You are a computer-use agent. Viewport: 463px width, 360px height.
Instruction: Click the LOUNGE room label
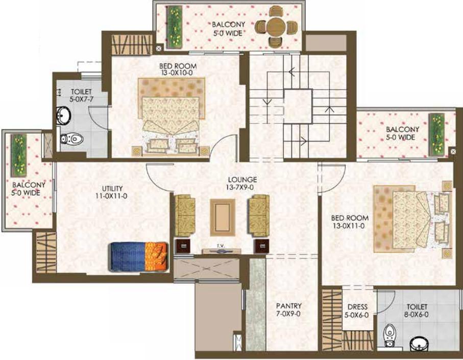pyautogui.click(x=242, y=180)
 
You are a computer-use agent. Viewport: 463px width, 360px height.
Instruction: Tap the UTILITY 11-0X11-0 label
pyautogui.click(x=112, y=192)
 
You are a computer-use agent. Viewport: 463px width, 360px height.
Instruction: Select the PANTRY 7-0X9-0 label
pyautogui.click(x=288, y=310)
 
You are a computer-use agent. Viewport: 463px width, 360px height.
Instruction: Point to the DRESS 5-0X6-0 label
pyautogui.click(x=357, y=311)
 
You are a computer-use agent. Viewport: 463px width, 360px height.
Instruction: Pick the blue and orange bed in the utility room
pyautogui.click(x=139, y=257)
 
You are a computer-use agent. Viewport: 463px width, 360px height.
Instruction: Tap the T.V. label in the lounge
pyautogui.click(x=221, y=246)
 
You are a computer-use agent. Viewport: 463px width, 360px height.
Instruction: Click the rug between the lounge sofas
pyautogui.click(x=223, y=218)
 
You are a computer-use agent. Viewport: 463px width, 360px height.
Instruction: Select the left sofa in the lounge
pyautogui.click(x=185, y=215)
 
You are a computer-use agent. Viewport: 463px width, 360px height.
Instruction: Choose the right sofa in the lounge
pyautogui.click(x=259, y=215)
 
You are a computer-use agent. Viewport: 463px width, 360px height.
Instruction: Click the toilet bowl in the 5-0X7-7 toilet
pyautogui.click(x=72, y=138)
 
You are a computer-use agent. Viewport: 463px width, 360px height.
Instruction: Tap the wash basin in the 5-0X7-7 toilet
pyautogui.click(x=63, y=115)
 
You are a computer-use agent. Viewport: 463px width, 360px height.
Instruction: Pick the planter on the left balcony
pyautogui.click(x=18, y=155)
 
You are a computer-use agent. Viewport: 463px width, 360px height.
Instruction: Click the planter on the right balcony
pyautogui.click(x=436, y=134)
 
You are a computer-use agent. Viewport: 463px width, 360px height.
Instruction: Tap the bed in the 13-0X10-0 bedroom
pyautogui.click(x=171, y=116)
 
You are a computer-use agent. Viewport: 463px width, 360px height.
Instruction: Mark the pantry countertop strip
pyautogui.click(x=256, y=305)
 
